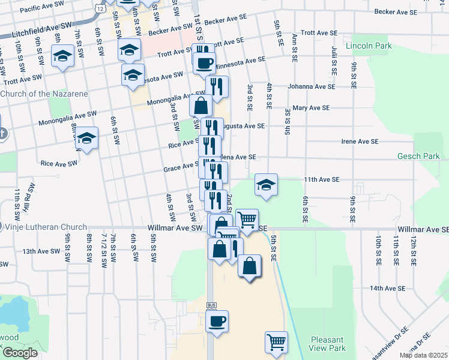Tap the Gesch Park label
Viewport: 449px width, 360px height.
point(418,157)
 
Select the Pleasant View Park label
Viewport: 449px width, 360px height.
point(328,344)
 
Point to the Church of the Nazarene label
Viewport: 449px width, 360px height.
point(44,94)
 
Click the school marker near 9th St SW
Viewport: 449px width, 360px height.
point(62,56)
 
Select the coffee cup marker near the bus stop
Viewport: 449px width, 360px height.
point(217,320)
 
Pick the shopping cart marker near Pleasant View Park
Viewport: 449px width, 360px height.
point(276,342)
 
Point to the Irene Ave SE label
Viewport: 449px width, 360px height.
point(360,142)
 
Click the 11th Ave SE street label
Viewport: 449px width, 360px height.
point(321,179)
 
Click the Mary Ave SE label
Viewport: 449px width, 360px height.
point(311,108)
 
